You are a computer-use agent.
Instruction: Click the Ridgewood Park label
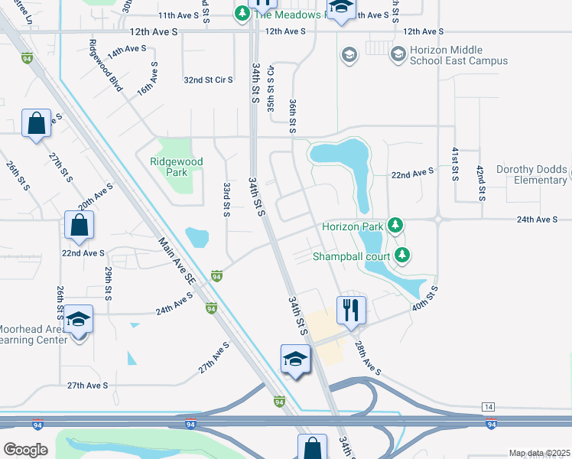pyautogui.click(x=177, y=167)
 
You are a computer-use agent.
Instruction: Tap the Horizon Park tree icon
pyautogui.click(x=395, y=226)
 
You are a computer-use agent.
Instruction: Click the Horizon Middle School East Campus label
pyautogui.click(x=448, y=55)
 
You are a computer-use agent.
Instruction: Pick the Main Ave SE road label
pyautogui.click(x=177, y=262)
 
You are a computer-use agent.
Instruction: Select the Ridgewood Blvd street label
pyautogui.click(x=106, y=66)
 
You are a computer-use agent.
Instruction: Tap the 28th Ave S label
pyautogui.click(x=366, y=359)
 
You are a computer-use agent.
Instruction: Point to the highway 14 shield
pyautogui.click(x=489, y=405)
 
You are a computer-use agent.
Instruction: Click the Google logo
pyautogui.click(x=25, y=449)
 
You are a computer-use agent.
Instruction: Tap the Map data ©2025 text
pyautogui.click(x=538, y=453)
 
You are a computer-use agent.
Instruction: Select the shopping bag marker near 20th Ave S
pyautogui.click(x=79, y=226)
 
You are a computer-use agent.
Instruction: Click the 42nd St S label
pyautogui.click(x=479, y=182)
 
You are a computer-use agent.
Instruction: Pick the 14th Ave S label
pyautogui.click(x=126, y=50)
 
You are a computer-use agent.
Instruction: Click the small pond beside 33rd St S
pyautogui.click(x=197, y=238)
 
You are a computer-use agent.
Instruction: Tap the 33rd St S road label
pyautogui.click(x=226, y=199)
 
